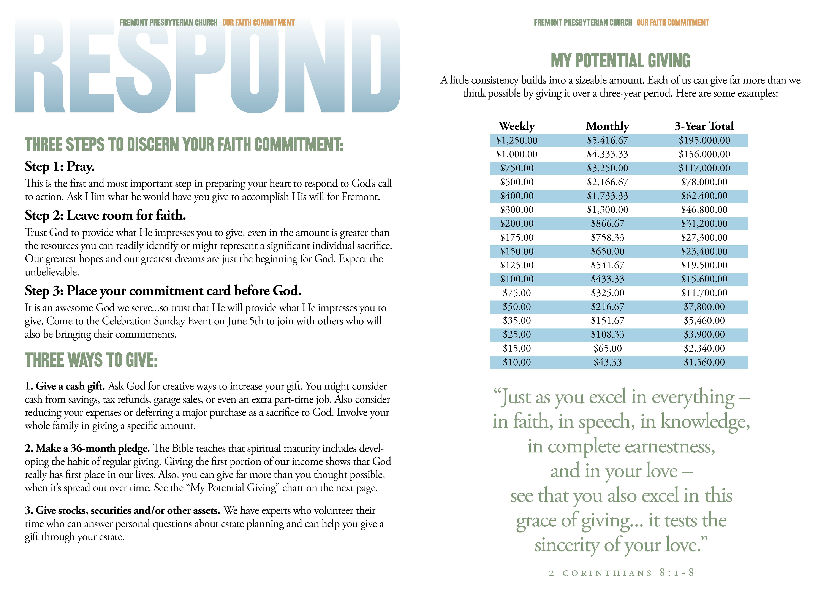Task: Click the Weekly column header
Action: (x=516, y=126)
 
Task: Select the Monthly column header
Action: (x=608, y=126)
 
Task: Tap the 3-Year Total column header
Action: (x=704, y=126)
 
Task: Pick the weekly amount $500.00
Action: (x=516, y=182)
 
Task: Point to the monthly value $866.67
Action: (x=608, y=223)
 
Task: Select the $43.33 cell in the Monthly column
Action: (x=608, y=362)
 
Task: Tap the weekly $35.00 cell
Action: (x=516, y=321)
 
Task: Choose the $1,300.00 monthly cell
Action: (x=608, y=210)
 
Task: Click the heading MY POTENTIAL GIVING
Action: (x=620, y=61)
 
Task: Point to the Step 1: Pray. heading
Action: (x=60, y=166)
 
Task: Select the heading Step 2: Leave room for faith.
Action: (x=105, y=215)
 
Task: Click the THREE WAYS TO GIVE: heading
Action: (x=91, y=360)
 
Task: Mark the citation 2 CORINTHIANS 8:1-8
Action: (x=622, y=573)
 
